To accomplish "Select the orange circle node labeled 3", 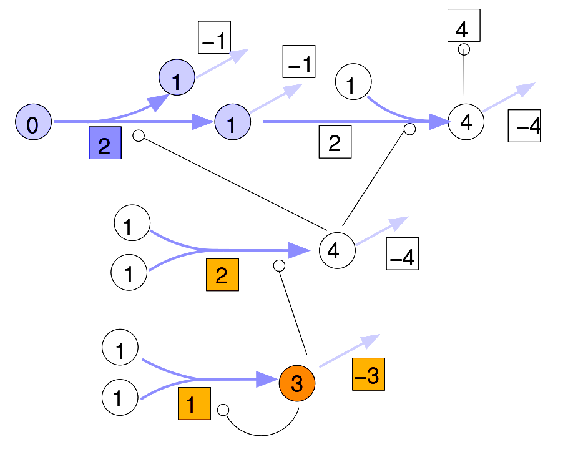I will (297, 383).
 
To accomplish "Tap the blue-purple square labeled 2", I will (105, 143).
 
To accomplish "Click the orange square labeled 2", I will (222, 275).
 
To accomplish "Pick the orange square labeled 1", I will (194, 403).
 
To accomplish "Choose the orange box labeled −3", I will (368, 375).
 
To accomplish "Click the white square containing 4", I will (463, 26).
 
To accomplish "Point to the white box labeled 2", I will (335, 142).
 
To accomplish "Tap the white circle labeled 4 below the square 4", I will (466, 121).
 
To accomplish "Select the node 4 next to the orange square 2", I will (337, 250).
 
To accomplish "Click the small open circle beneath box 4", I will (464, 49).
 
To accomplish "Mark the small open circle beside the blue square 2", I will (139, 135).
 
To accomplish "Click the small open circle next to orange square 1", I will (223, 410).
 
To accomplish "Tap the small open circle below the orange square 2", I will (280, 266).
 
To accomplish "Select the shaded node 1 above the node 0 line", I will (177, 77).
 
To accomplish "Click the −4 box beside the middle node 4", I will (402, 254).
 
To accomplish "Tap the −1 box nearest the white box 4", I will (299, 62).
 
